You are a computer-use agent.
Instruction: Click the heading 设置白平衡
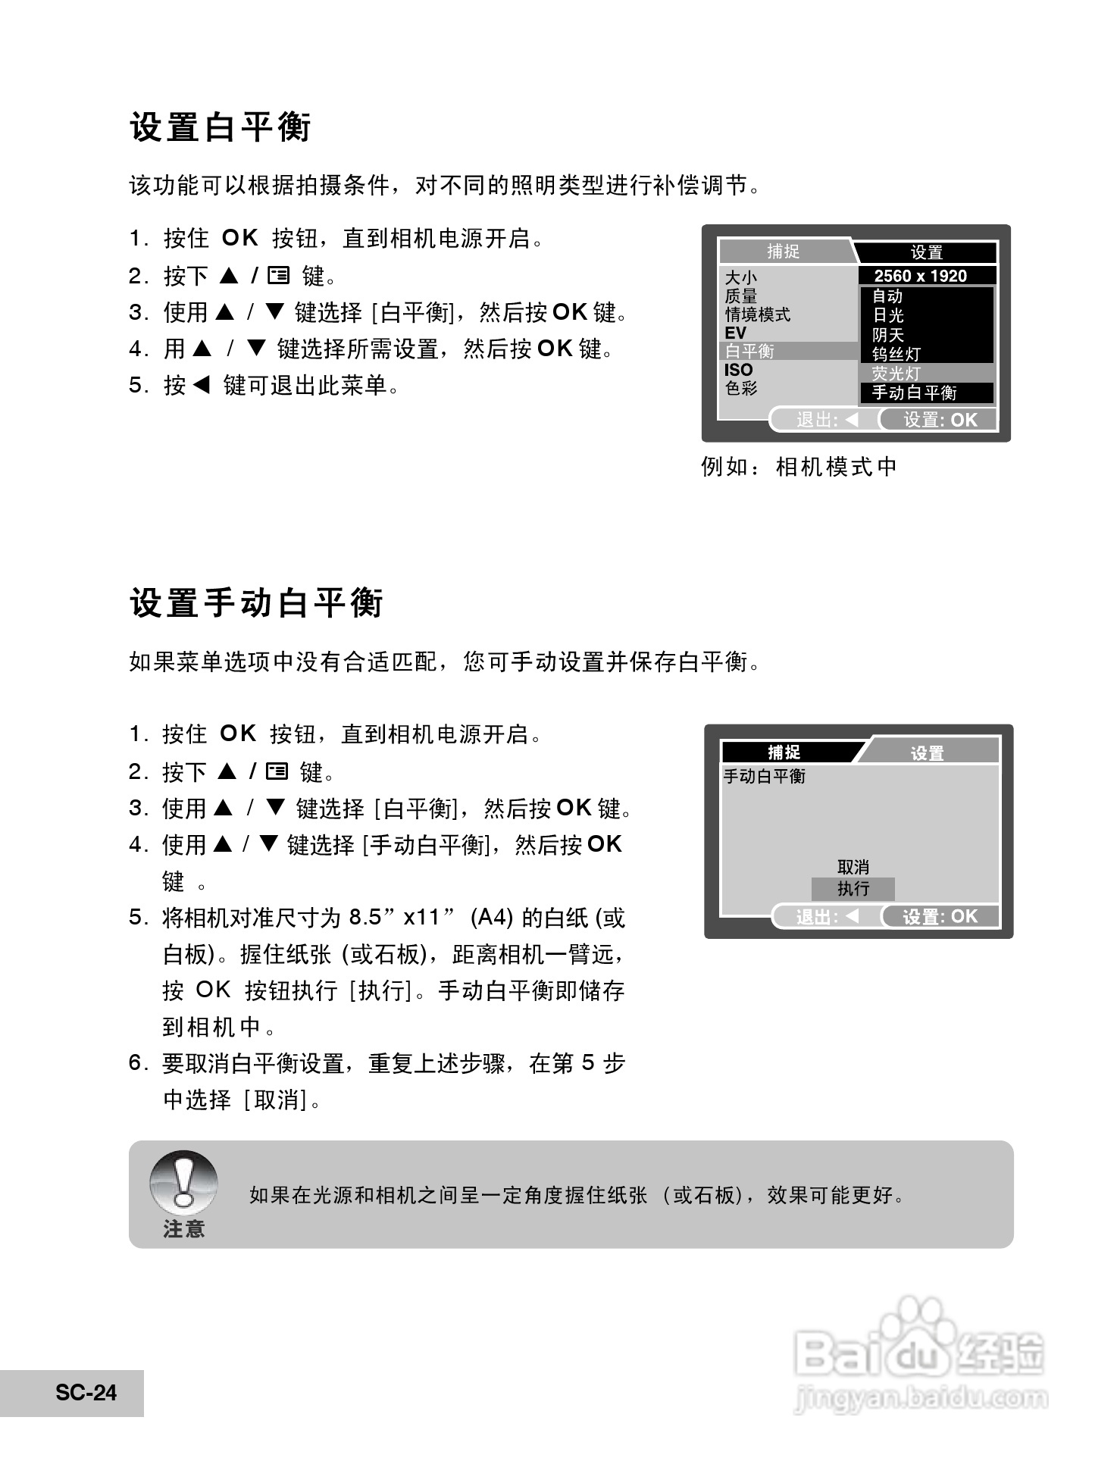click(x=221, y=127)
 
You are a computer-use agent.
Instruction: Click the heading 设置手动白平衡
click(x=257, y=604)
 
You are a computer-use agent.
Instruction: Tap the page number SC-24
click(x=86, y=1393)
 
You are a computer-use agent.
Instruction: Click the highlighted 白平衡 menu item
click(x=750, y=352)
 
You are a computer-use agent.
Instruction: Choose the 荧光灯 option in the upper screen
click(x=896, y=374)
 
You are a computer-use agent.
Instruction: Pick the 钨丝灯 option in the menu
click(x=896, y=354)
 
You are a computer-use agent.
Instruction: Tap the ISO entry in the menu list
click(x=739, y=370)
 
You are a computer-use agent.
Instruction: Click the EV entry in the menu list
click(x=736, y=333)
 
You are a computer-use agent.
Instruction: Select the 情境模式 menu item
click(x=758, y=314)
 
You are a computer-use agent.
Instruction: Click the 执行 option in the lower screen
click(x=853, y=889)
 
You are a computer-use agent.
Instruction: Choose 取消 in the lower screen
click(x=853, y=867)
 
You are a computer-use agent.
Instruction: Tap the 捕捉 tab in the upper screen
click(x=784, y=252)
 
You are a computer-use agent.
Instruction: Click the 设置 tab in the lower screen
click(x=928, y=753)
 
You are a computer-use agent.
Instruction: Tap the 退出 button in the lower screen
click(x=827, y=917)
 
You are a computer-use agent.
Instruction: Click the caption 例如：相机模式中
click(x=799, y=467)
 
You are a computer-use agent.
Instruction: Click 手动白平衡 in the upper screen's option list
click(x=914, y=393)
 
